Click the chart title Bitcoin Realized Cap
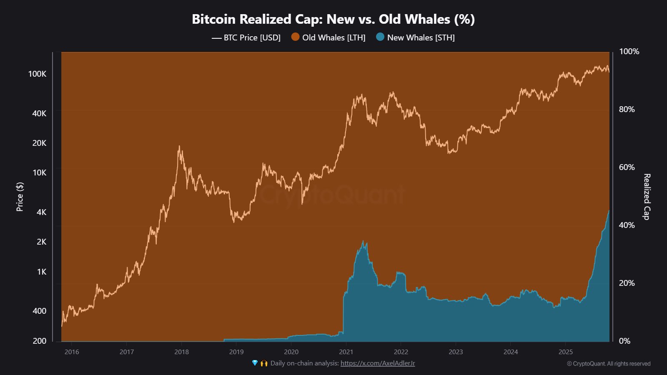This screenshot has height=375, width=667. [x=333, y=19]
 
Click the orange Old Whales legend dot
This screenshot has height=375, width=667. [x=296, y=37]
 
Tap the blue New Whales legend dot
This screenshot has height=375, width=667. [x=380, y=37]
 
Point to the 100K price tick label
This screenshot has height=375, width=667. [x=37, y=74]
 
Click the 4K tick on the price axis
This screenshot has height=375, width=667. [x=42, y=212]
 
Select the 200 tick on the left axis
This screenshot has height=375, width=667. [x=40, y=341]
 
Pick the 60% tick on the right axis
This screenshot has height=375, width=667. [x=627, y=167]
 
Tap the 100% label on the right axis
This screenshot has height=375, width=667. [x=629, y=51]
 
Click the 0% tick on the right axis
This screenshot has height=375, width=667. [x=624, y=341]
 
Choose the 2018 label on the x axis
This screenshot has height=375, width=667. [x=181, y=352]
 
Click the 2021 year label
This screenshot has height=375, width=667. [x=346, y=352]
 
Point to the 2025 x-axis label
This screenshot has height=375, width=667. [x=565, y=352]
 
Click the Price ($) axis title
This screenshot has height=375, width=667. [x=20, y=197]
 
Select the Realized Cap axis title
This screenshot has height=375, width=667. [x=647, y=197]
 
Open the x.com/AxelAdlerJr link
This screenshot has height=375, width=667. [x=378, y=363]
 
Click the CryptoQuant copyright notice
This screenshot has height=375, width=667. [x=608, y=364]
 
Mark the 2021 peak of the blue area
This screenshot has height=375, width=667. [x=363, y=241]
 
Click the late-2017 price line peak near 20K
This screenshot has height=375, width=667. [x=179, y=146]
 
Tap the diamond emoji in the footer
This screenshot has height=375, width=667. [x=255, y=363]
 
